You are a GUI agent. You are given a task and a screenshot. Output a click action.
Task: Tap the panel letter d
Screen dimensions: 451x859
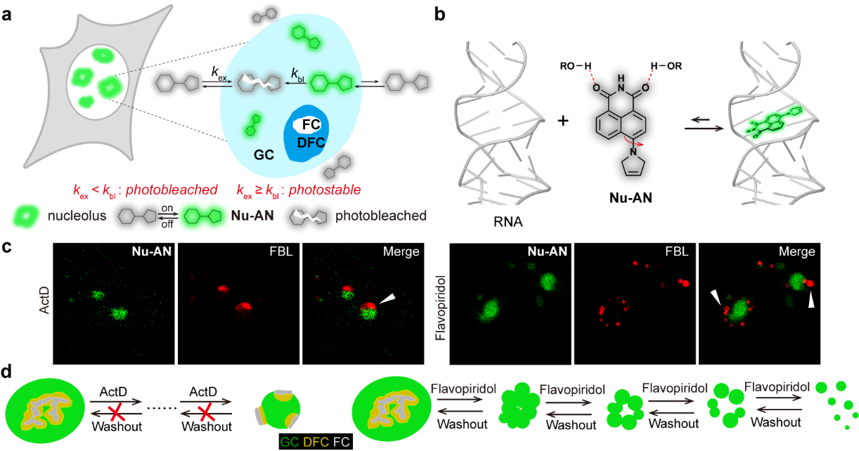pyautogui.click(x=8, y=370)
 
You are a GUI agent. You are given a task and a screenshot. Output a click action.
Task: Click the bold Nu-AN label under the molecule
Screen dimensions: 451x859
pyautogui.click(x=628, y=199)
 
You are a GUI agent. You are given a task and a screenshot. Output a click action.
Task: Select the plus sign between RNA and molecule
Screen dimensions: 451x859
pyautogui.click(x=562, y=121)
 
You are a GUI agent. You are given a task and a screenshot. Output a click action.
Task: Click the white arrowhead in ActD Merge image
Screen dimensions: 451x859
pyautogui.click(x=387, y=300)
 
